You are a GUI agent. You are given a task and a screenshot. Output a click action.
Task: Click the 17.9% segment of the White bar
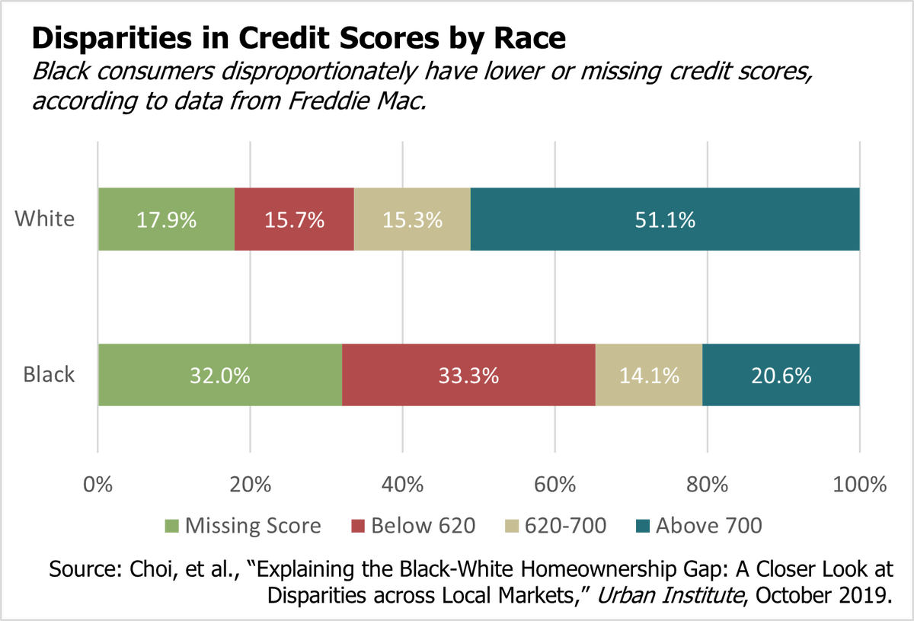[x=166, y=219]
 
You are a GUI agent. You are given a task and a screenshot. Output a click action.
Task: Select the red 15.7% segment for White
[x=294, y=219]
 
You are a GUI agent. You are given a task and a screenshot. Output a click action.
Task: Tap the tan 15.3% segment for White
[x=412, y=219]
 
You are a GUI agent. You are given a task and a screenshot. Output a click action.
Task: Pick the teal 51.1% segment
[x=665, y=219]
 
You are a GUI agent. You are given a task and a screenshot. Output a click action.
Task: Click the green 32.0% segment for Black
[x=220, y=375]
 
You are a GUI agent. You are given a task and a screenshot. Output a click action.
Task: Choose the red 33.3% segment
[x=468, y=375]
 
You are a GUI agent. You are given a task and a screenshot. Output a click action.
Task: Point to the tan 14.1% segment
[x=648, y=375]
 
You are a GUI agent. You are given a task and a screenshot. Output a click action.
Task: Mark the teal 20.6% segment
[x=781, y=375]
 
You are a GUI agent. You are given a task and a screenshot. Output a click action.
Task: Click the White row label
[x=46, y=219]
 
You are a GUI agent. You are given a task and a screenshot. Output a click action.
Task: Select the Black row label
[x=50, y=375]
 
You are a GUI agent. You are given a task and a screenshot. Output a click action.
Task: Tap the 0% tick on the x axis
[x=98, y=485]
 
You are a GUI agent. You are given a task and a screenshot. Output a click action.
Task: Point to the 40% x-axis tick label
[x=403, y=485]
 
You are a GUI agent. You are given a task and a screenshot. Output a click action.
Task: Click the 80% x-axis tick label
[x=708, y=485]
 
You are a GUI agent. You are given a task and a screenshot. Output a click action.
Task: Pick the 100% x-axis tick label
[x=859, y=485]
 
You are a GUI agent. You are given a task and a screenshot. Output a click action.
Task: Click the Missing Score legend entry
[x=243, y=526]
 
